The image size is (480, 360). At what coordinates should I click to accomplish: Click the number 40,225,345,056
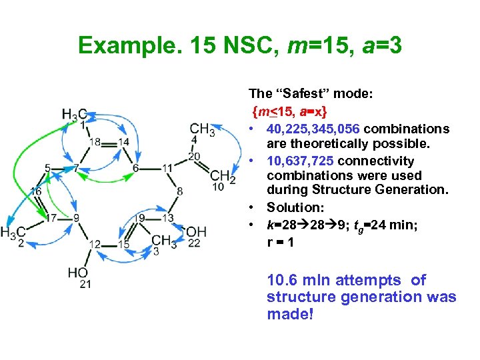313,129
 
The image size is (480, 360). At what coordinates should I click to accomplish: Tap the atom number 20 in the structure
194,157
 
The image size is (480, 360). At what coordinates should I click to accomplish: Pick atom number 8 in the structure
179,192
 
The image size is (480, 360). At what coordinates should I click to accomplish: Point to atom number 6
135,168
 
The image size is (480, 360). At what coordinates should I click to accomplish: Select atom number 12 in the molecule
95,245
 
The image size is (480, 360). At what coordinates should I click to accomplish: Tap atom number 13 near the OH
168,218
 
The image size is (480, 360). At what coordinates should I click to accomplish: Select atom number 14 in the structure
124,142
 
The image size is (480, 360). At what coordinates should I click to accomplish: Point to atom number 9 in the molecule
77,218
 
